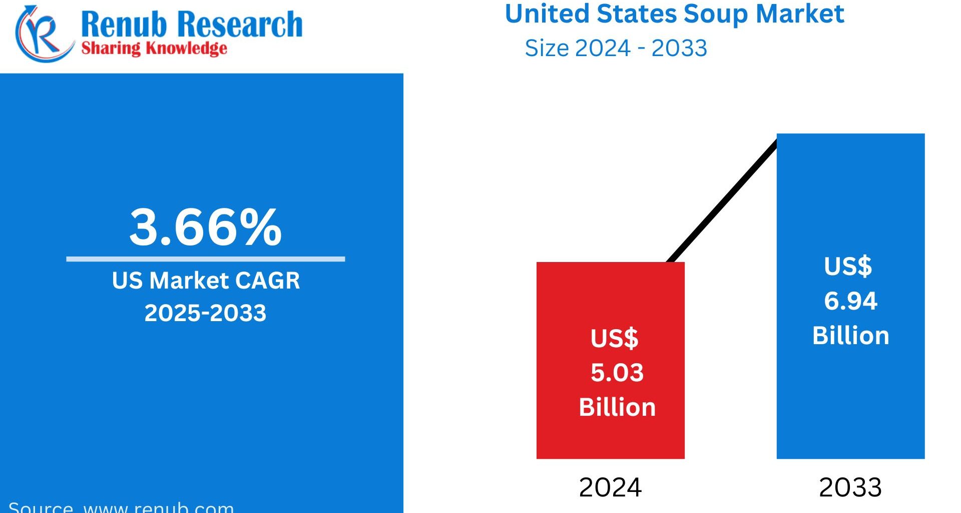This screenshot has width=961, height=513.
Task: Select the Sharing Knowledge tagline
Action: click(154, 49)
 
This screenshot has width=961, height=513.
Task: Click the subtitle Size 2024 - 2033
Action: click(616, 49)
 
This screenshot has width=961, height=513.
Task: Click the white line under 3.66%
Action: click(205, 259)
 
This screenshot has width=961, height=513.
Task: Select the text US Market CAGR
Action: click(206, 281)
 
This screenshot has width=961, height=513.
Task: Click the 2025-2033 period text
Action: click(205, 313)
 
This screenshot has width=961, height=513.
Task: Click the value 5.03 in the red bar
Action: click(617, 373)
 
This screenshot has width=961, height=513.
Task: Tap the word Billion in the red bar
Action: click(617, 407)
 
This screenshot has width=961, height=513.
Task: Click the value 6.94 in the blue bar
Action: click(850, 301)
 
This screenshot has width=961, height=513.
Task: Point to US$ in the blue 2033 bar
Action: click(848, 266)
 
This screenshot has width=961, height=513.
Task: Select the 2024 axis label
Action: click(610, 487)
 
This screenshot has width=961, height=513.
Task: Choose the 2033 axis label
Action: click(850, 487)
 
